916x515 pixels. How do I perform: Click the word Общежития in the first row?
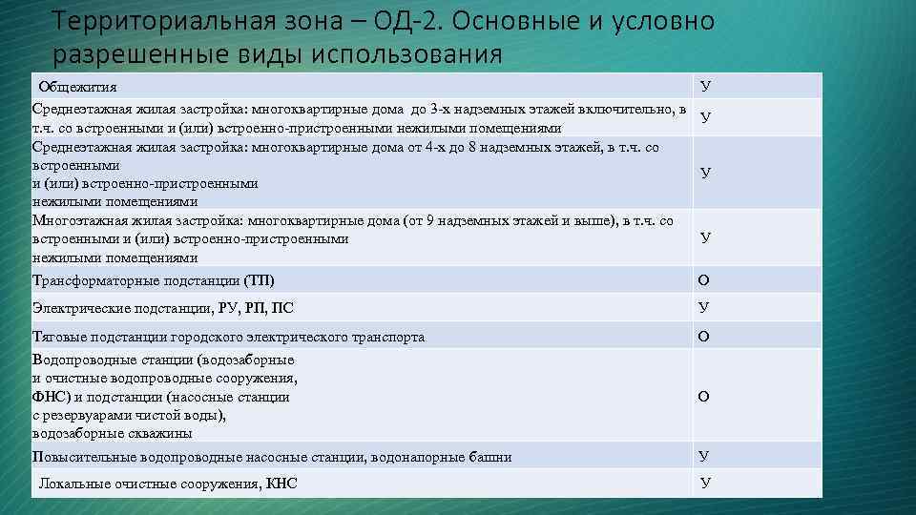click(77, 87)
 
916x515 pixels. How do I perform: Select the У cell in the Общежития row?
click(704, 86)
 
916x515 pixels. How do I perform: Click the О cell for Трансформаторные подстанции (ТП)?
click(703, 280)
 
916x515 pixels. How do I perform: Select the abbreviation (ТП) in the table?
click(259, 280)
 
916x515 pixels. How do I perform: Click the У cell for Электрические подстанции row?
click(703, 307)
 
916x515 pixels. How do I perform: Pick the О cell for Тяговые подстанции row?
click(703, 336)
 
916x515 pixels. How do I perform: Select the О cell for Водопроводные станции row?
click(703, 396)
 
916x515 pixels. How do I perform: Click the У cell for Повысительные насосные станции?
click(703, 456)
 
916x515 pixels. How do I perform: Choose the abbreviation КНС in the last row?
click(281, 484)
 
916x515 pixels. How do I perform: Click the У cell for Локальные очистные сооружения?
click(704, 483)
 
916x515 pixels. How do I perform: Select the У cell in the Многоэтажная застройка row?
click(704, 237)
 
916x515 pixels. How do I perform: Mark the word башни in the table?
click(491, 457)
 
